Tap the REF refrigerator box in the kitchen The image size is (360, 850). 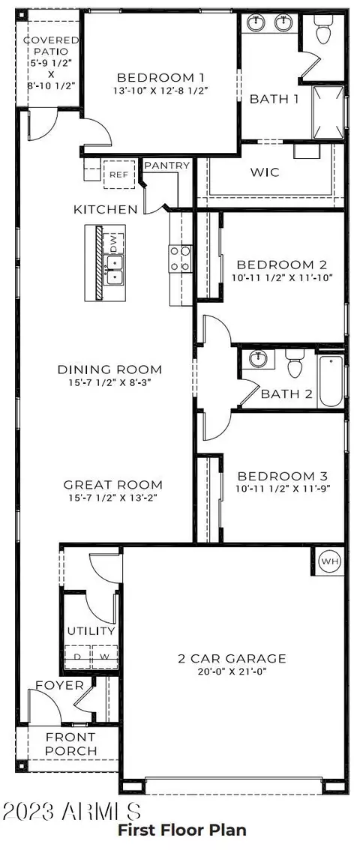click(118, 175)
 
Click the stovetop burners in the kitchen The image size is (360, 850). click(181, 259)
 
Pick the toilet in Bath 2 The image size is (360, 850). click(295, 363)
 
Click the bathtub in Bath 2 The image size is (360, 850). click(330, 381)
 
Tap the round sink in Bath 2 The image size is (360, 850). click(258, 358)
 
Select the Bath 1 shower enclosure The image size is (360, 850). click(328, 112)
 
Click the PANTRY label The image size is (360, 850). click(167, 166)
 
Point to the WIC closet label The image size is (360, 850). click(265, 172)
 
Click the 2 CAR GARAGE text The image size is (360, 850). click(232, 659)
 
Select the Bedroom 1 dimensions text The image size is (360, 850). click(160, 91)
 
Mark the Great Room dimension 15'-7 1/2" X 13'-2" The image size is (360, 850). click(112, 497)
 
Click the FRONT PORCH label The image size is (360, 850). click(71, 744)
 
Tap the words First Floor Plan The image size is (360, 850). click(182, 830)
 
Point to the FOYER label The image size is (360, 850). click(60, 686)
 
